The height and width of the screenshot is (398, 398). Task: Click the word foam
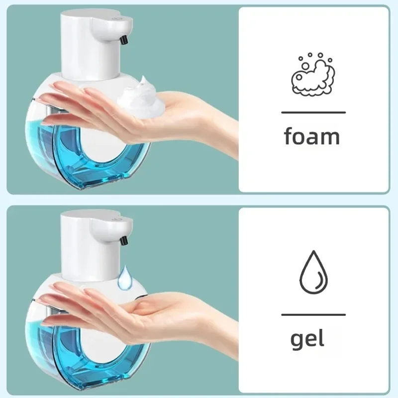pyautogui.click(x=312, y=136)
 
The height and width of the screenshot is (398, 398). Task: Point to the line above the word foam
pyautogui.click(x=313, y=112)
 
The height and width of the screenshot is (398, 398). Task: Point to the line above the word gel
pyautogui.click(x=313, y=314)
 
